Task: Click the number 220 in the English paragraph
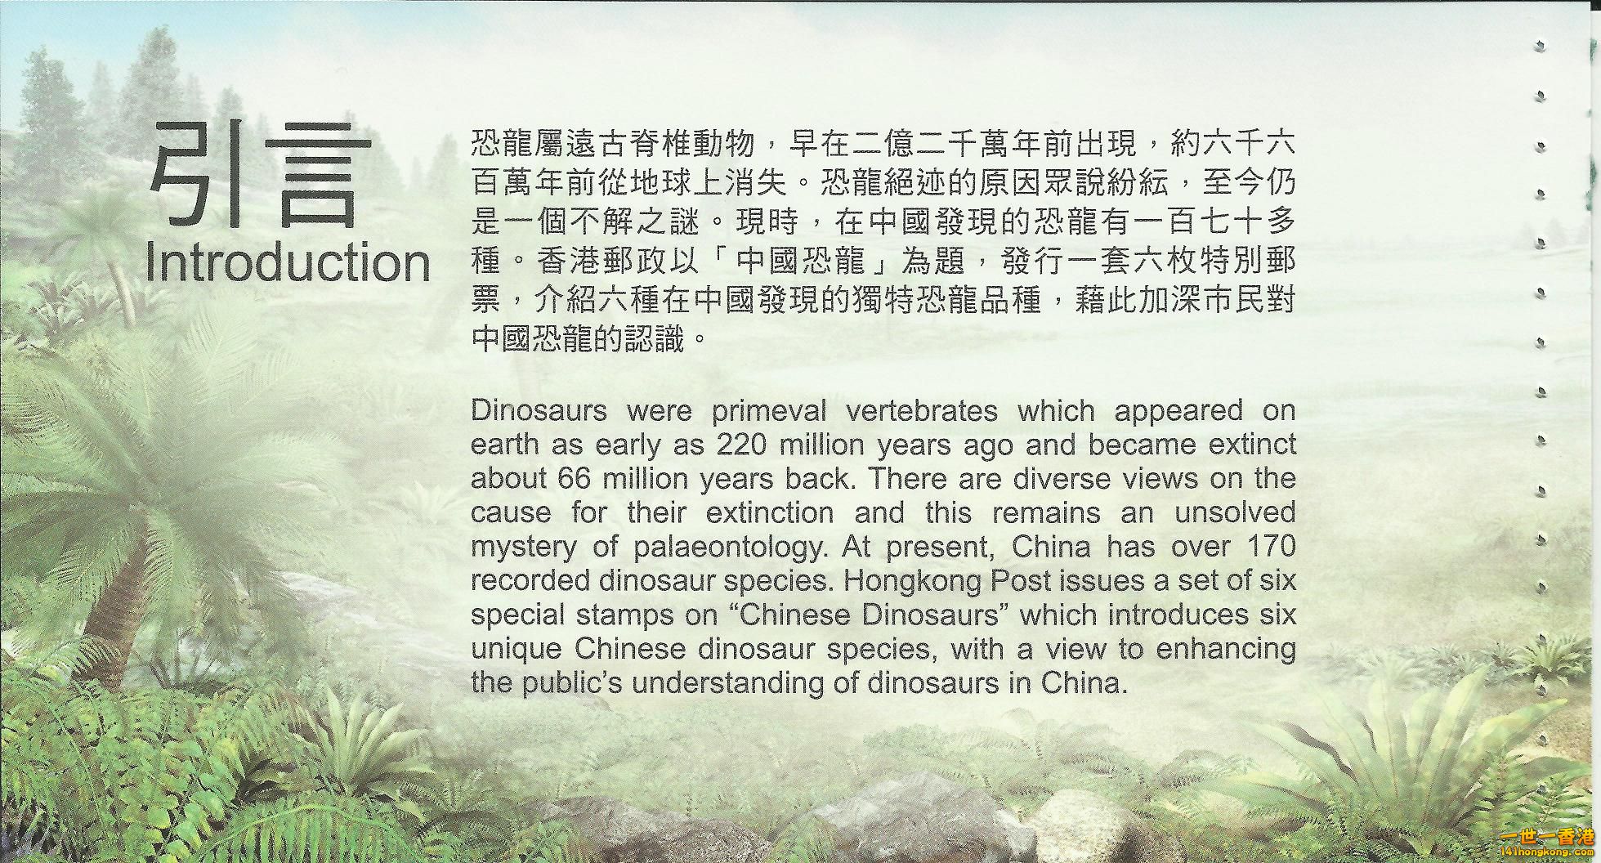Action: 741,445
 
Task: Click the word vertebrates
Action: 922,410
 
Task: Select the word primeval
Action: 769,411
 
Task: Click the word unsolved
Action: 1235,512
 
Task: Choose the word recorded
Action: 531,580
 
